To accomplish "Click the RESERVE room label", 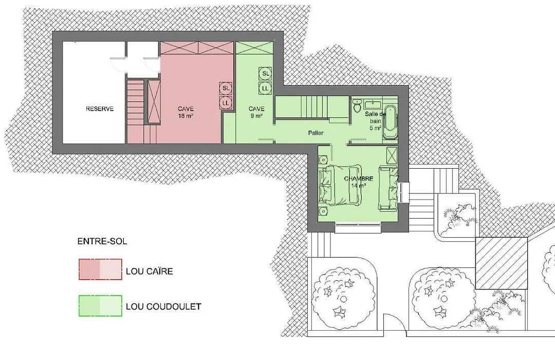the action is click(x=100, y=109).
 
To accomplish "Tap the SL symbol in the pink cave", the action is click(x=226, y=88).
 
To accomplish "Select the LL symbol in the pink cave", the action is click(x=226, y=103).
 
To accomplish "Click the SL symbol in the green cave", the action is click(x=266, y=74).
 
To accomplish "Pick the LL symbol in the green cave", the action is click(x=266, y=88).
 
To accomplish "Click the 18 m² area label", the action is click(x=186, y=116).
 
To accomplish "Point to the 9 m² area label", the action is click(x=256, y=116).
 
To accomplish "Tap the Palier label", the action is click(x=316, y=133).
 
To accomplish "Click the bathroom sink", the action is click(x=373, y=104).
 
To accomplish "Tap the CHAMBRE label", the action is click(x=359, y=178).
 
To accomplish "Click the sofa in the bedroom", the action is click(x=388, y=188).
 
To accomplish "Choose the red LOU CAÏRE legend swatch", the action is click(x=100, y=269).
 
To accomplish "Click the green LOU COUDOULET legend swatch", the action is click(x=100, y=305).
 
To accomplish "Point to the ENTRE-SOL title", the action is click(x=102, y=242).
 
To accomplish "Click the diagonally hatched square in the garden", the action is click(x=501, y=263).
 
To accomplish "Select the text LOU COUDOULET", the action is click(x=163, y=307).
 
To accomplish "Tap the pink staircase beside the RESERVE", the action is click(x=135, y=111).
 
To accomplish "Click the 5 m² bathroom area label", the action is click(x=375, y=128).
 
